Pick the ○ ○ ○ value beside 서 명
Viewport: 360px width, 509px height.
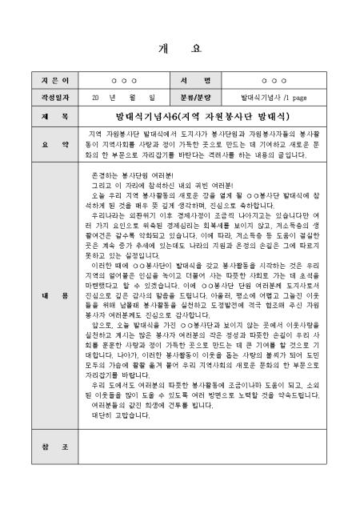(274, 82)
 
